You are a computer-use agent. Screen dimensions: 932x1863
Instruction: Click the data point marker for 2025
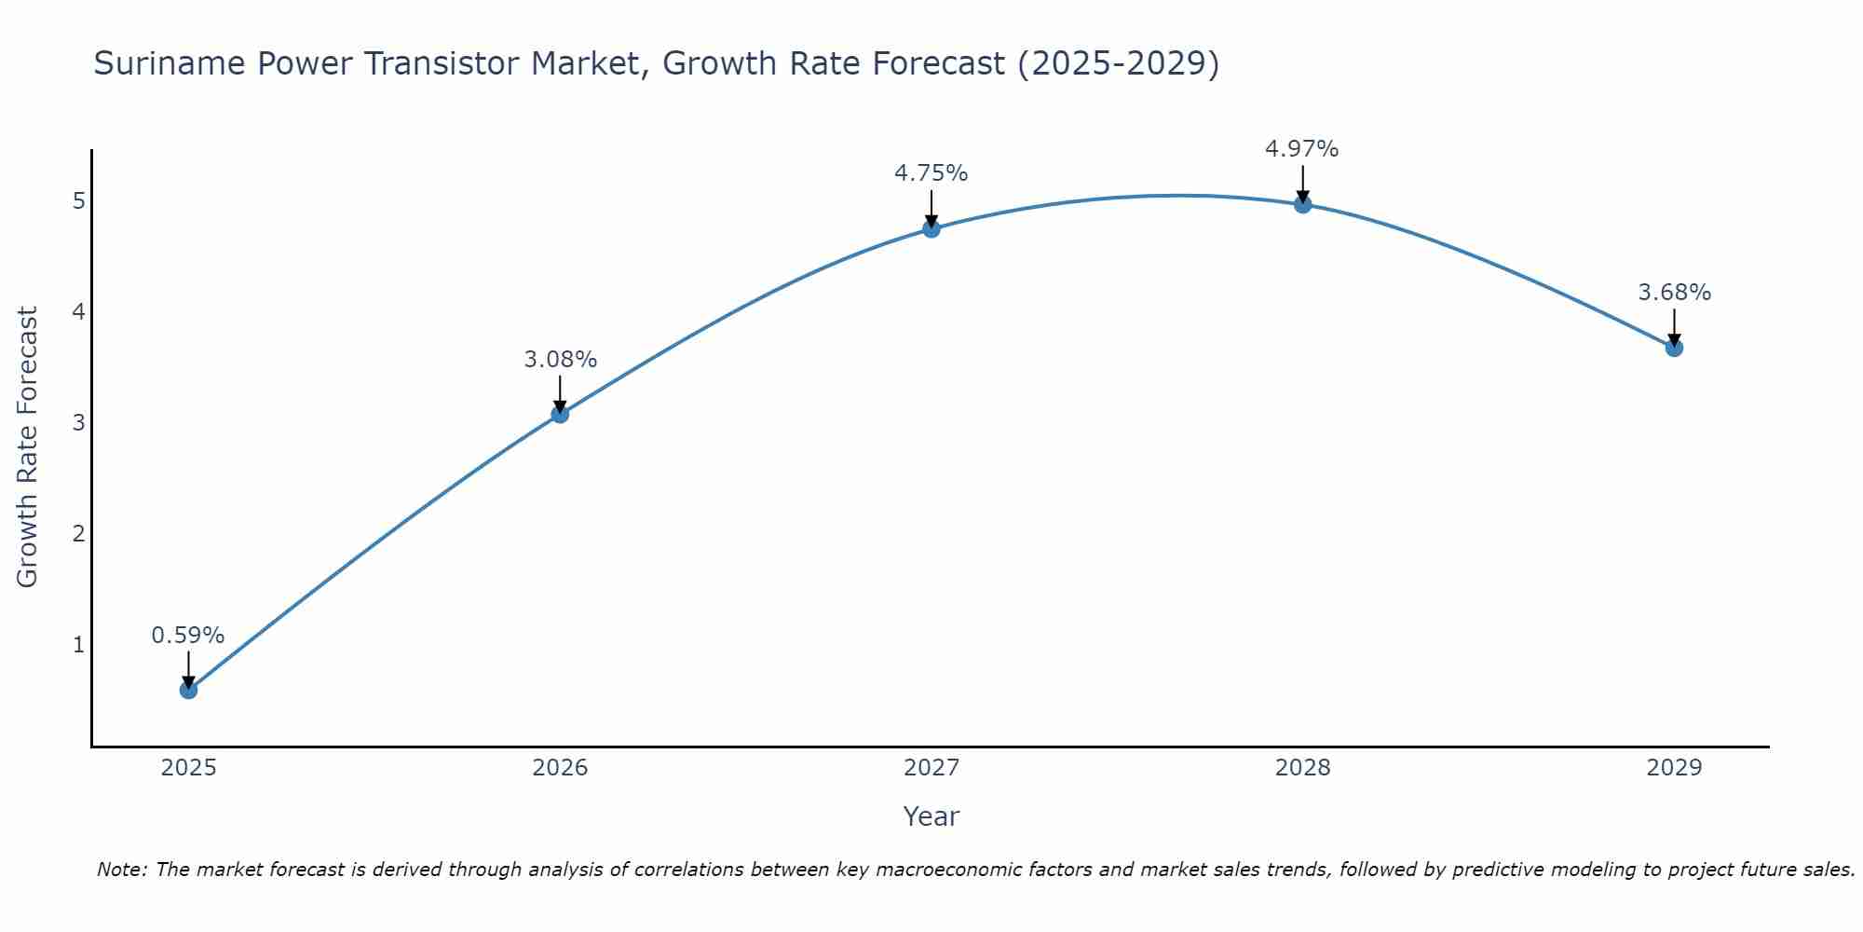(x=188, y=690)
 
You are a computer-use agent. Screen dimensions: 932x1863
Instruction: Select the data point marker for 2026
(x=560, y=414)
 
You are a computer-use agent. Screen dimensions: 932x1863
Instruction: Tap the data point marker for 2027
(x=931, y=228)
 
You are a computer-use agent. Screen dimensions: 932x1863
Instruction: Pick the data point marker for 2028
(x=1302, y=204)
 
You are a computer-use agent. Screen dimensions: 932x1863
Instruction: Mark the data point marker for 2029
(x=1674, y=348)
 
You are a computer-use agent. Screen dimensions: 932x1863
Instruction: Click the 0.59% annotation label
(x=188, y=636)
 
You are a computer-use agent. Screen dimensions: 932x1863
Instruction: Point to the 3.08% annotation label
(x=560, y=360)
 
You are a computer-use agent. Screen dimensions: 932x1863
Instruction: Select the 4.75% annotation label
(x=931, y=173)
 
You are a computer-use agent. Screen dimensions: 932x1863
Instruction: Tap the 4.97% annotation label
(x=1302, y=149)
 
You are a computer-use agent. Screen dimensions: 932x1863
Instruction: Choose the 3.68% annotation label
(x=1674, y=293)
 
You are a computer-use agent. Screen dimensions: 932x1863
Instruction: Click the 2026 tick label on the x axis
(x=560, y=768)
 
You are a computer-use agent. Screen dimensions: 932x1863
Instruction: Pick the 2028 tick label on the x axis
(x=1302, y=768)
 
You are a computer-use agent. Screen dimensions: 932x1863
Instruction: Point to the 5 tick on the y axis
(x=78, y=201)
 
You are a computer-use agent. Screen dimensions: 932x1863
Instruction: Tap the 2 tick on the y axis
(x=78, y=534)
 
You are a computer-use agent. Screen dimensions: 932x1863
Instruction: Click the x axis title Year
(x=931, y=816)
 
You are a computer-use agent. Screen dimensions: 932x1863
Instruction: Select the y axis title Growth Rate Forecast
(x=28, y=447)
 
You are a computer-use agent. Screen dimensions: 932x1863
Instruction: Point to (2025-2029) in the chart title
(x=1118, y=64)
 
